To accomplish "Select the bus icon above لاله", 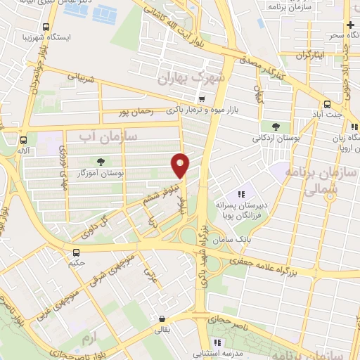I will coord(25,139).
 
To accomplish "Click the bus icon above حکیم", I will coord(76,252).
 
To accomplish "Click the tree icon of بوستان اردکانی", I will coord(275,126).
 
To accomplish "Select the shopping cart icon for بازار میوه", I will coord(203,99).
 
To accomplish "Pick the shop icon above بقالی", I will coord(162,318).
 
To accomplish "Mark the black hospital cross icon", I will coord(351,25).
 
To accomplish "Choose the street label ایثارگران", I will coord(309,54).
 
